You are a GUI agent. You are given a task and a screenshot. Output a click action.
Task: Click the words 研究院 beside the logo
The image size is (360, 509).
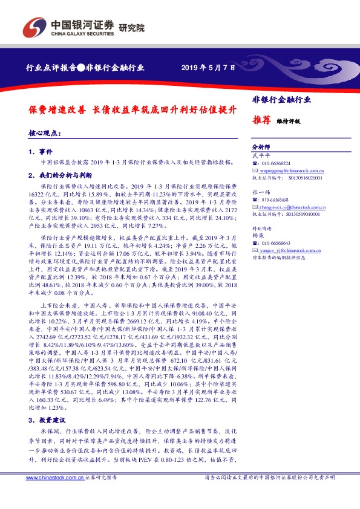tap(132, 27)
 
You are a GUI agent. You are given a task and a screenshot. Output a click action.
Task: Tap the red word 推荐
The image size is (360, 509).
tap(261, 120)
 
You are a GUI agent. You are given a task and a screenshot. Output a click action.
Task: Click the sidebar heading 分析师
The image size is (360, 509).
tap(260, 148)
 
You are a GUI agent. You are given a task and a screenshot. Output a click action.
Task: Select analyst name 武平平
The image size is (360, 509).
tap(259, 156)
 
